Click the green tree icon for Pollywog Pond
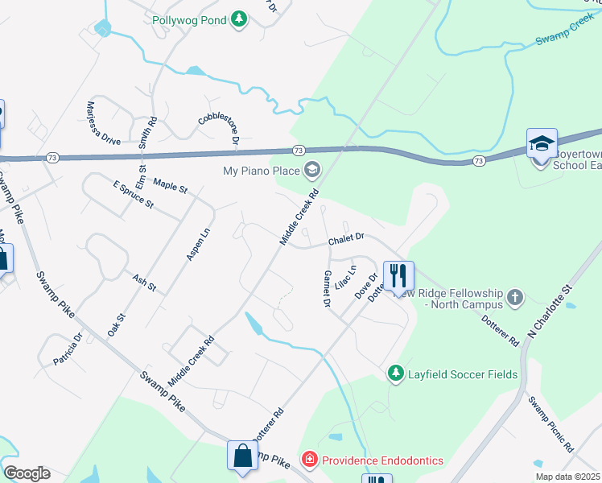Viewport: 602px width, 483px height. point(238,19)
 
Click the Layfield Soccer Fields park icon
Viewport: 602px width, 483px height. point(395,373)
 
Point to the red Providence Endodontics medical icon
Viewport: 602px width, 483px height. point(309,460)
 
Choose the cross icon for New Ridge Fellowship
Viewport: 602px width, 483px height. point(516,298)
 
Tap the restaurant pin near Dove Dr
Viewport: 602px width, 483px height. point(398,276)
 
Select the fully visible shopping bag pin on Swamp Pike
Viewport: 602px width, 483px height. point(242,456)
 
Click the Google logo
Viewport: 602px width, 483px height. point(27,473)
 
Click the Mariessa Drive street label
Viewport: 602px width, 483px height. point(103,122)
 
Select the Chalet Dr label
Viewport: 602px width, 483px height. point(347,239)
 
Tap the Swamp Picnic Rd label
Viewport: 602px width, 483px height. point(550,423)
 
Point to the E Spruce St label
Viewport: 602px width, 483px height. point(133,195)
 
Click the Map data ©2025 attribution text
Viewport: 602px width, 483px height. point(567,477)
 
